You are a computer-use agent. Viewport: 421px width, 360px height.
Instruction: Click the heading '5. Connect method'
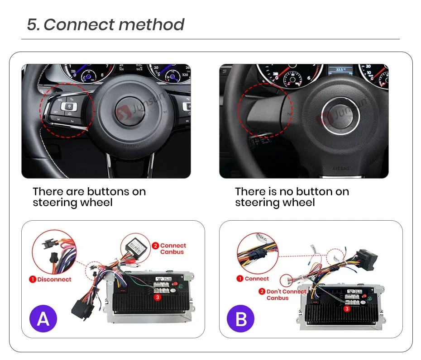(x=105, y=24)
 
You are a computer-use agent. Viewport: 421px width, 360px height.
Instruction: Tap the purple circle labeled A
(x=43, y=319)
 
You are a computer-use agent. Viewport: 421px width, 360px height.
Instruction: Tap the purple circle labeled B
(x=241, y=319)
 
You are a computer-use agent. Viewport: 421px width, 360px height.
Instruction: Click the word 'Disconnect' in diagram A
(x=54, y=279)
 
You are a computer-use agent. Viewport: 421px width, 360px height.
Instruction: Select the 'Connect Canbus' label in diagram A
(x=172, y=248)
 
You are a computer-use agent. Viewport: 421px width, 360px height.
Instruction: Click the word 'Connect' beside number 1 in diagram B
(x=257, y=279)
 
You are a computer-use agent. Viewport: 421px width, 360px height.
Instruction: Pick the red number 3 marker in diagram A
(x=158, y=298)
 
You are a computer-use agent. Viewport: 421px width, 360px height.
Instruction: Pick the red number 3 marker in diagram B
(x=347, y=309)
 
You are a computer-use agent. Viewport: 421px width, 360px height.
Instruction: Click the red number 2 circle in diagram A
(x=155, y=246)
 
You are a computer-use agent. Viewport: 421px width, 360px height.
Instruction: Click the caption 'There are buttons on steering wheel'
(x=89, y=197)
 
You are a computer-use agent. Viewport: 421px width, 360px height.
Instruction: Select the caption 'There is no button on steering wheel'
(x=292, y=197)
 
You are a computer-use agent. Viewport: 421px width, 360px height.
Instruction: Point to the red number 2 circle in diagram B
(x=262, y=291)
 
